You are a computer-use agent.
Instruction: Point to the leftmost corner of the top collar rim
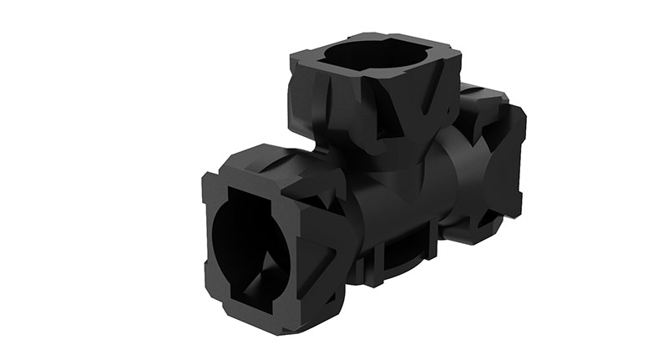tap(292, 55)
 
